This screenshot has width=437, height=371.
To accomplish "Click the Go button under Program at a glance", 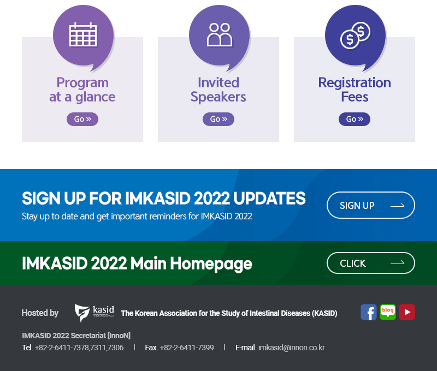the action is pos(82,119).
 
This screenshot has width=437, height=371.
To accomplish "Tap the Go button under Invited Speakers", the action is pos(218,119).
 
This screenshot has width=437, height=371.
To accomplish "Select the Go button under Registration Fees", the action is pos(355,119).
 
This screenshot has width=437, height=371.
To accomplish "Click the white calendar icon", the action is pos(83,34).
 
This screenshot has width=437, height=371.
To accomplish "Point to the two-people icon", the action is pos(220,34).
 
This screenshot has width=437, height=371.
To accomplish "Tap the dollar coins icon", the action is pos(356,35).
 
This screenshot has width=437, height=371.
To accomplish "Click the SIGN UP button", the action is pos(371,205).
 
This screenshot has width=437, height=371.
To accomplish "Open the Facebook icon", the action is pos(368,312).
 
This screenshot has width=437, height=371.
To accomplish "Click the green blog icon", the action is pos(388,312).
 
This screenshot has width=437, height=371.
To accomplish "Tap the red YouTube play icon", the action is pos(407,312).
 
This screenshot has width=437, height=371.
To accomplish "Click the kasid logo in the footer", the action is pos(94,313).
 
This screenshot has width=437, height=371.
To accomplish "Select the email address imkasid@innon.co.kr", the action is pos(292,348).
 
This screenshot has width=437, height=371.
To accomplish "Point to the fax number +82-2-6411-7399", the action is pos(187,348).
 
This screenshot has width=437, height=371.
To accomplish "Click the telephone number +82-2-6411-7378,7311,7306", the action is pos(79,348).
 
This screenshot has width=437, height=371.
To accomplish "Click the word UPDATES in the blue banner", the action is pos(269,199).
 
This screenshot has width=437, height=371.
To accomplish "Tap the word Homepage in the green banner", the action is pos(211,264).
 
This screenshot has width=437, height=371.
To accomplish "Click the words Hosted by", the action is pos(40,313).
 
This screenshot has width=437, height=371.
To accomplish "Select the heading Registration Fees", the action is pos(355,89).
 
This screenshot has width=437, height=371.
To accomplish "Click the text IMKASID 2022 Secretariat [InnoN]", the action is pos(76,336).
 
